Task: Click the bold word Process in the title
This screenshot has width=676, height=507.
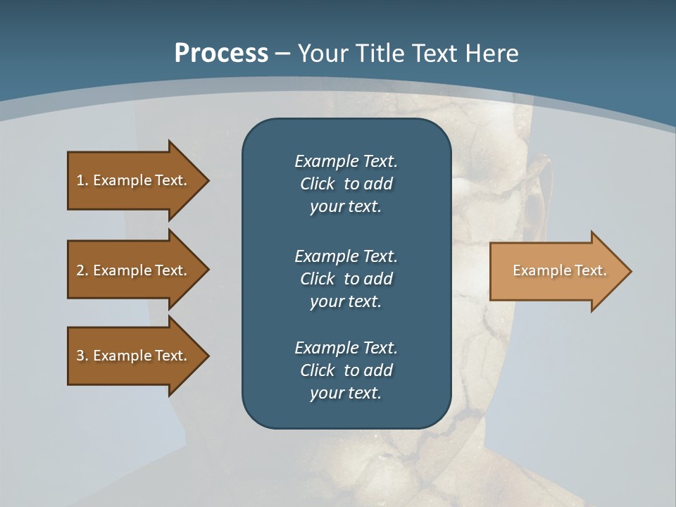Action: click(x=221, y=54)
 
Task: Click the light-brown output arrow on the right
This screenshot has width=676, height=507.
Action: click(x=556, y=271)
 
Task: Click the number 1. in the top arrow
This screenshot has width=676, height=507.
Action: click(x=82, y=180)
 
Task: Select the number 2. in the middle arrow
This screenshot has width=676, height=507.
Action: click(x=82, y=270)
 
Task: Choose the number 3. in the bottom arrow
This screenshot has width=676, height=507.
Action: click(x=82, y=356)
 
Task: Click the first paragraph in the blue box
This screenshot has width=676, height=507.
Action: click(x=346, y=184)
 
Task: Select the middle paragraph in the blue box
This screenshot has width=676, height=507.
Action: click(x=346, y=279)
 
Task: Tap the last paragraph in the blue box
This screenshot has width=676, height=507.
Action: click(x=346, y=370)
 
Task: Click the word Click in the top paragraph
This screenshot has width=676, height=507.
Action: click(x=317, y=184)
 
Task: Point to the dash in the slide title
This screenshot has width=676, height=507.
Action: click(x=282, y=54)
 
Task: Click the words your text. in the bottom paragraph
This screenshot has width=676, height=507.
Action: click(x=346, y=394)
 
